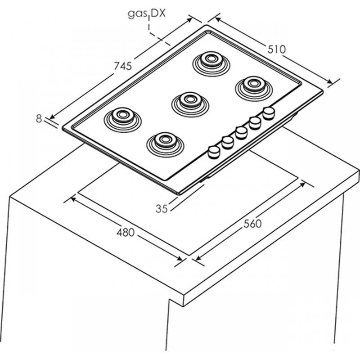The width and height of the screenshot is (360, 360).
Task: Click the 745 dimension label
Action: click(x=122, y=66)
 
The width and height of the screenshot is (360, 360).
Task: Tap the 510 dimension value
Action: click(x=276, y=49)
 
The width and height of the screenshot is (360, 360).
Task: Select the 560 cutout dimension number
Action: click(x=252, y=224)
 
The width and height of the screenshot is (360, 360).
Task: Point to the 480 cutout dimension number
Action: click(x=126, y=233)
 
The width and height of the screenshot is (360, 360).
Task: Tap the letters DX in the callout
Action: click(x=158, y=13)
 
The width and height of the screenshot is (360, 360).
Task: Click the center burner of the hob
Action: click(x=190, y=101)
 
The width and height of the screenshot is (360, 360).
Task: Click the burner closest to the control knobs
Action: click(x=165, y=141)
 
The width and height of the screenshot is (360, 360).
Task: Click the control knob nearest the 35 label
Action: click(x=214, y=152)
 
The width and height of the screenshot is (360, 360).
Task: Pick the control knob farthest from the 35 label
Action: click(x=269, y=112)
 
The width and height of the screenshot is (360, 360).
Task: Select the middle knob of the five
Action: click(x=241, y=132)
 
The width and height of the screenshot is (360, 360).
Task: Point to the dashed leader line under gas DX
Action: click(x=155, y=36)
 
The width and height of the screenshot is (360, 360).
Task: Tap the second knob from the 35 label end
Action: click(x=227, y=142)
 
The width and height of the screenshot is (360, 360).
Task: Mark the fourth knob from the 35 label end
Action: click(x=255, y=122)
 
